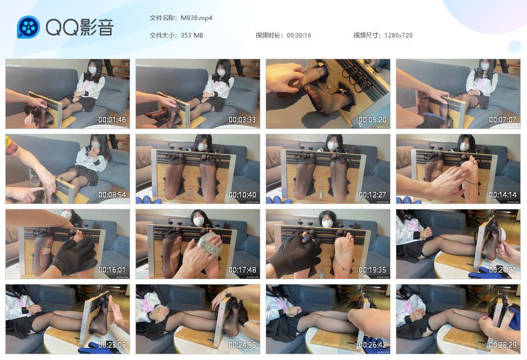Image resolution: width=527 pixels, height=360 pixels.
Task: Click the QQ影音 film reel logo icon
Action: point(28,27)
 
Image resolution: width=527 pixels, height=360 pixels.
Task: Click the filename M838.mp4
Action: point(197,18)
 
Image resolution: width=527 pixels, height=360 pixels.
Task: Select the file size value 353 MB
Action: point(192,35)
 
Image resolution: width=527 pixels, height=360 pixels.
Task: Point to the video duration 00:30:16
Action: point(299,35)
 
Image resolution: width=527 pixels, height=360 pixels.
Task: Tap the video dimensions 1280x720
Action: point(398,35)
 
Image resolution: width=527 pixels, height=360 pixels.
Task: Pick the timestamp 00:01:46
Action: point(112,120)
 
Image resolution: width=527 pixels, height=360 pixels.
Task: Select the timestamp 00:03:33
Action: point(242,120)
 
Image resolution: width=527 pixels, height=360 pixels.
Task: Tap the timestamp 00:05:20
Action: point(373,120)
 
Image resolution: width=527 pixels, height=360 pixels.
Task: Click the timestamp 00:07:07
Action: point(503,120)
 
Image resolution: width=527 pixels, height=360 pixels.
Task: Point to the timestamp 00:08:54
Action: point(112,195)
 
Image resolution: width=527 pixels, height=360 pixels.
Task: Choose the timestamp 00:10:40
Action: point(242,195)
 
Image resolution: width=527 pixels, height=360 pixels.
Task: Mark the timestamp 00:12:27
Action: point(373,195)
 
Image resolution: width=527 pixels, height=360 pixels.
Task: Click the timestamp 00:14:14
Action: point(503,195)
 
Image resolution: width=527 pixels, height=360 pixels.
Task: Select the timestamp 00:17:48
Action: point(242,270)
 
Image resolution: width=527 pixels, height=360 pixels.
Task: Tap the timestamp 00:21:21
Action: point(503,270)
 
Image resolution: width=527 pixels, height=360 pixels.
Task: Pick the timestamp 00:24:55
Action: point(242,345)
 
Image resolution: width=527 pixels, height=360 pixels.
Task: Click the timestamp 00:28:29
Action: point(503,345)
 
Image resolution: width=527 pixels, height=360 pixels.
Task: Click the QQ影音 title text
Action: point(79,27)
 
